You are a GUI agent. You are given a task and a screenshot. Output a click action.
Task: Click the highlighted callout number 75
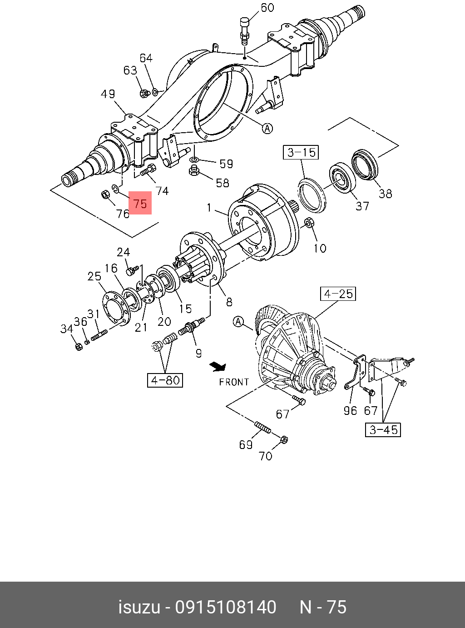pyautogui.click(x=140, y=203)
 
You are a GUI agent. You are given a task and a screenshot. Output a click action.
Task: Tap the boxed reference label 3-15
pyautogui.click(x=302, y=152)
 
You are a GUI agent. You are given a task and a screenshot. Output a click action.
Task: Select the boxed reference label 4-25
pyautogui.click(x=338, y=294)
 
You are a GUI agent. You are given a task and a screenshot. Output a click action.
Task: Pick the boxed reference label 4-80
pyautogui.click(x=165, y=380)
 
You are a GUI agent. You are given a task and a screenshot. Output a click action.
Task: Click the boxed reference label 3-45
pyautogui.click(x=383, y=429)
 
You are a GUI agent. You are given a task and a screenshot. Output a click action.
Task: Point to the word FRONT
pyautogui.click(x=234, y=382)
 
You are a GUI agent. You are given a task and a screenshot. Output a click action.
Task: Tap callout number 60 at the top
pyautogui.click(x=267, y=8)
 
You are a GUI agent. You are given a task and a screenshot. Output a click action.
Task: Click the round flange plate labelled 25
pyautogui.click(x=114, y=309)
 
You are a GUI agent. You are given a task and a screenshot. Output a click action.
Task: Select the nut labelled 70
pyautogui.click(x=283, y=439)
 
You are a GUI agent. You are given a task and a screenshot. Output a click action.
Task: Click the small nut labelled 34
pyautogui.click(x=78, y=346)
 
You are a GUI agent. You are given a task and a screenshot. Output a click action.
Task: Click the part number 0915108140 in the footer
pyautogui.click(x=226, y=608)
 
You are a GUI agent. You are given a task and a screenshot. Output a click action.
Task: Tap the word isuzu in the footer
pyautogui.click(x=139, y=608)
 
